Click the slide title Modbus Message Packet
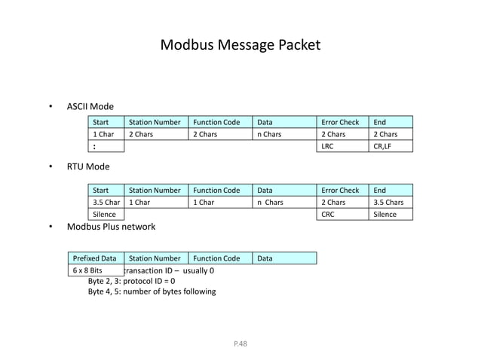point(240,46)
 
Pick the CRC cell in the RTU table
point(329,215)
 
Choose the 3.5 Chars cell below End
point(390,202)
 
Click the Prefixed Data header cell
point(94,258)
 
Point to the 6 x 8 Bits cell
point(87,270)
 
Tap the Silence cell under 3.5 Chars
point(385,215)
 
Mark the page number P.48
point(240,343)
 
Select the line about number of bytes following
point(152,291)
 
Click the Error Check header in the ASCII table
point(340,121)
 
